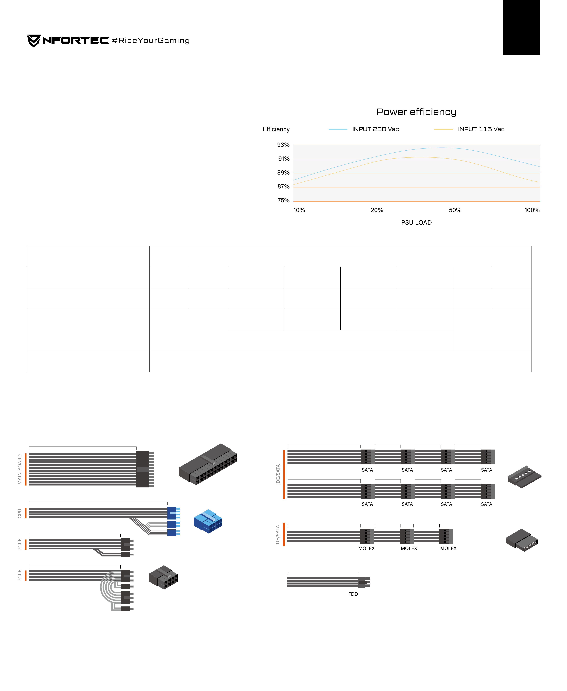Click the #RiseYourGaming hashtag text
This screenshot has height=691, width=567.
(151, 40)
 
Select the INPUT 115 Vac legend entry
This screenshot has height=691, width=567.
(469, 129)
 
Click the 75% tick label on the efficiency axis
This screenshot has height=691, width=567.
(283, 200)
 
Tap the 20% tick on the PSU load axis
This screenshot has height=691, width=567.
(377, 210)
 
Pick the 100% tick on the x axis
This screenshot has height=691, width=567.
(532, 210)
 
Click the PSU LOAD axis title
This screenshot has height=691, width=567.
(416, 223)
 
